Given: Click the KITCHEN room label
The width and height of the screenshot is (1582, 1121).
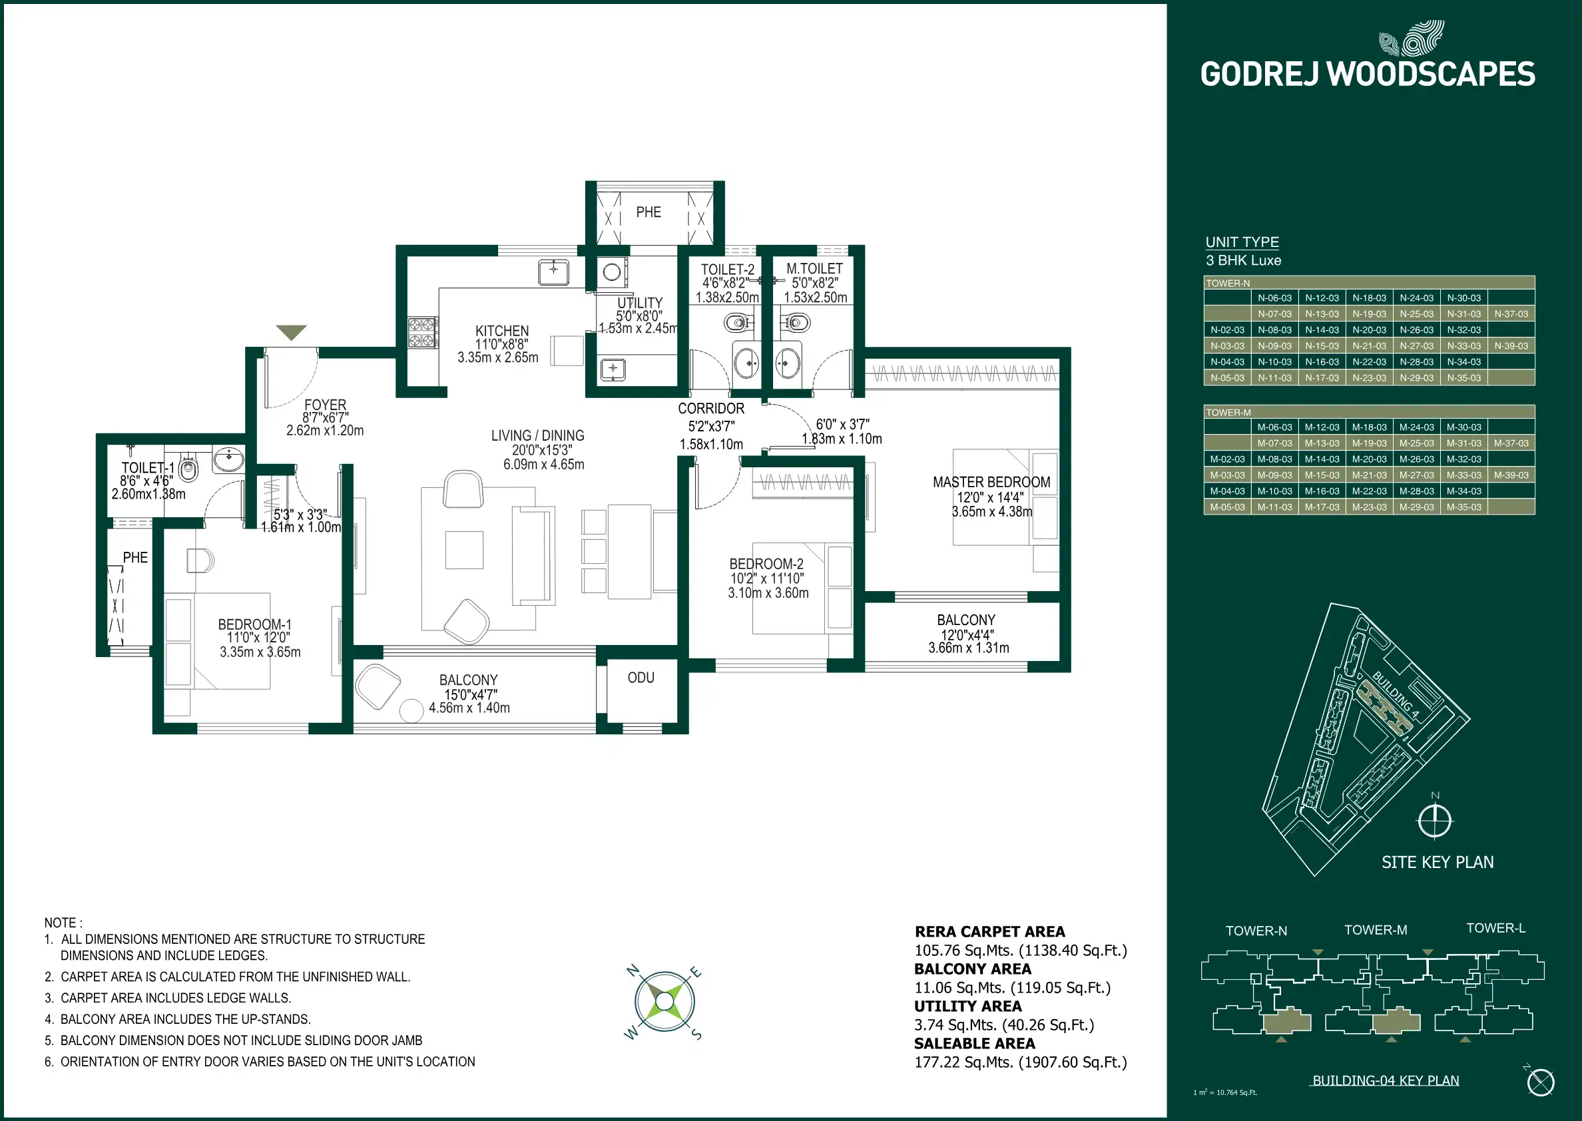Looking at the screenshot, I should tap(502, 332).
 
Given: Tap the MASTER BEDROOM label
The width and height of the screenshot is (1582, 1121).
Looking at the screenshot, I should tap(991, 483).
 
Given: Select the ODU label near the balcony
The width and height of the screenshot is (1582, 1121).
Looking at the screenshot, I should tap(641, 678).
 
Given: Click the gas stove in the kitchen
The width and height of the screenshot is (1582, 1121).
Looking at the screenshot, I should tap(422, 332).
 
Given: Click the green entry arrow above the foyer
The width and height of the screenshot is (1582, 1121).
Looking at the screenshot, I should tap(290, 333).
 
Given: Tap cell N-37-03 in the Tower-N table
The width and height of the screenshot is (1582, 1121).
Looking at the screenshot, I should tap(1511, 314).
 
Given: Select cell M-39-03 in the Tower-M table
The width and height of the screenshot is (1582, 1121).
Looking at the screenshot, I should tap(1511, 475).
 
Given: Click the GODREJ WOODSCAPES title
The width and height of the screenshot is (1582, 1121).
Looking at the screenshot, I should tap(1368, 75).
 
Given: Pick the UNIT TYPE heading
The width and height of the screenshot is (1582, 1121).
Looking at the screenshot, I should tap(1242, 242).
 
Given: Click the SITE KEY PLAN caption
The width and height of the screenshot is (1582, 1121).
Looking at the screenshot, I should tap(1437, 862).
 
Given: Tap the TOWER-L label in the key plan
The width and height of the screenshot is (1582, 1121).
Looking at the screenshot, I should tap(1495, 929).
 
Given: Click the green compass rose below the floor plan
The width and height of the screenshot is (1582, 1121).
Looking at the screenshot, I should tap(664, 1001).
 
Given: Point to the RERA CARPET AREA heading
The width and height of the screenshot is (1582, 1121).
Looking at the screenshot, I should tap(989, 932).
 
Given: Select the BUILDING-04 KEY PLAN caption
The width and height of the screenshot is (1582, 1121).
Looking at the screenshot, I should tap(1386, 1081).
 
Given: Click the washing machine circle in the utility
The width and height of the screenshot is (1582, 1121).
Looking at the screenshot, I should tap(611, 272).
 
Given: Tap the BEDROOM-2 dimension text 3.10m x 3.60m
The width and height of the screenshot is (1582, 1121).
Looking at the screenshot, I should tap(768, 593).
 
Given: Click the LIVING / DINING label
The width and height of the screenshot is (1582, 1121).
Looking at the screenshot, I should tap(538, 435).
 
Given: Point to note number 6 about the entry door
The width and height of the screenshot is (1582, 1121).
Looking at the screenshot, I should tap(260, 1062).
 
